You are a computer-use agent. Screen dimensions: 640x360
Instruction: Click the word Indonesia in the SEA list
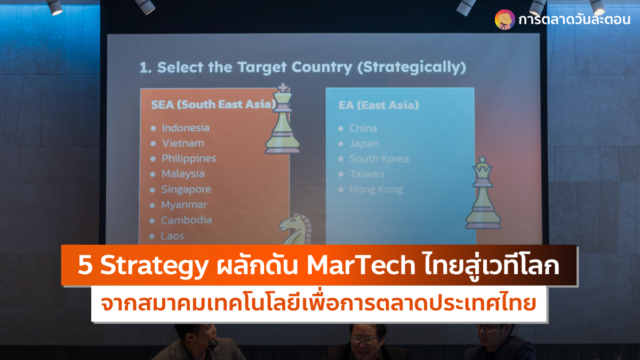tap(186, 127)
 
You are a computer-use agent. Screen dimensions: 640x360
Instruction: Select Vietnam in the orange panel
tap(183, 143)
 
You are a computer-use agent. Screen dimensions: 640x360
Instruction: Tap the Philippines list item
tap(189, 159)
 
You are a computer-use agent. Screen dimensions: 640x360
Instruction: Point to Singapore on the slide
tap(186, 190)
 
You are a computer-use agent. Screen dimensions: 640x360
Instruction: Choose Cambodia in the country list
tap(187, 220)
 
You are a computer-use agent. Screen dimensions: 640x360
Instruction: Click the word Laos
tap(173, 236)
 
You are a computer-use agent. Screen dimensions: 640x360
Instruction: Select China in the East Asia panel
tap(363, 129)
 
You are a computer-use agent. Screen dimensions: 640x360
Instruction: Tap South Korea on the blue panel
tap(379, 159)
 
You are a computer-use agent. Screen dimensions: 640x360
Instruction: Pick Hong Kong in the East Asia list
tap(376, 190)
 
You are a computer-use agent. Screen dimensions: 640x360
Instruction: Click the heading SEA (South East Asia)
tap(213, 105)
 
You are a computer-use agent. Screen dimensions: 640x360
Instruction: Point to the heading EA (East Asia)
tap(379, 106)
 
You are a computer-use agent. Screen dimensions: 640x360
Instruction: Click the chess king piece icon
tap(282, 118)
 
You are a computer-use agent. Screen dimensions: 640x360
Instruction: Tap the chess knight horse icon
tap(295, 229)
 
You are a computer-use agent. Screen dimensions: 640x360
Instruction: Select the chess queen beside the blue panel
tap(483, 193)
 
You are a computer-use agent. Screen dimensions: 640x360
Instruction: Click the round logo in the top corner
tap(505, 19)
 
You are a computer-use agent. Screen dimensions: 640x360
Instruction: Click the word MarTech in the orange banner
tap(361, 266)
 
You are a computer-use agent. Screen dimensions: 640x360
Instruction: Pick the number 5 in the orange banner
tap(85, 266)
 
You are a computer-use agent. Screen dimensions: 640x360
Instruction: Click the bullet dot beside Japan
tap(341, 144)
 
